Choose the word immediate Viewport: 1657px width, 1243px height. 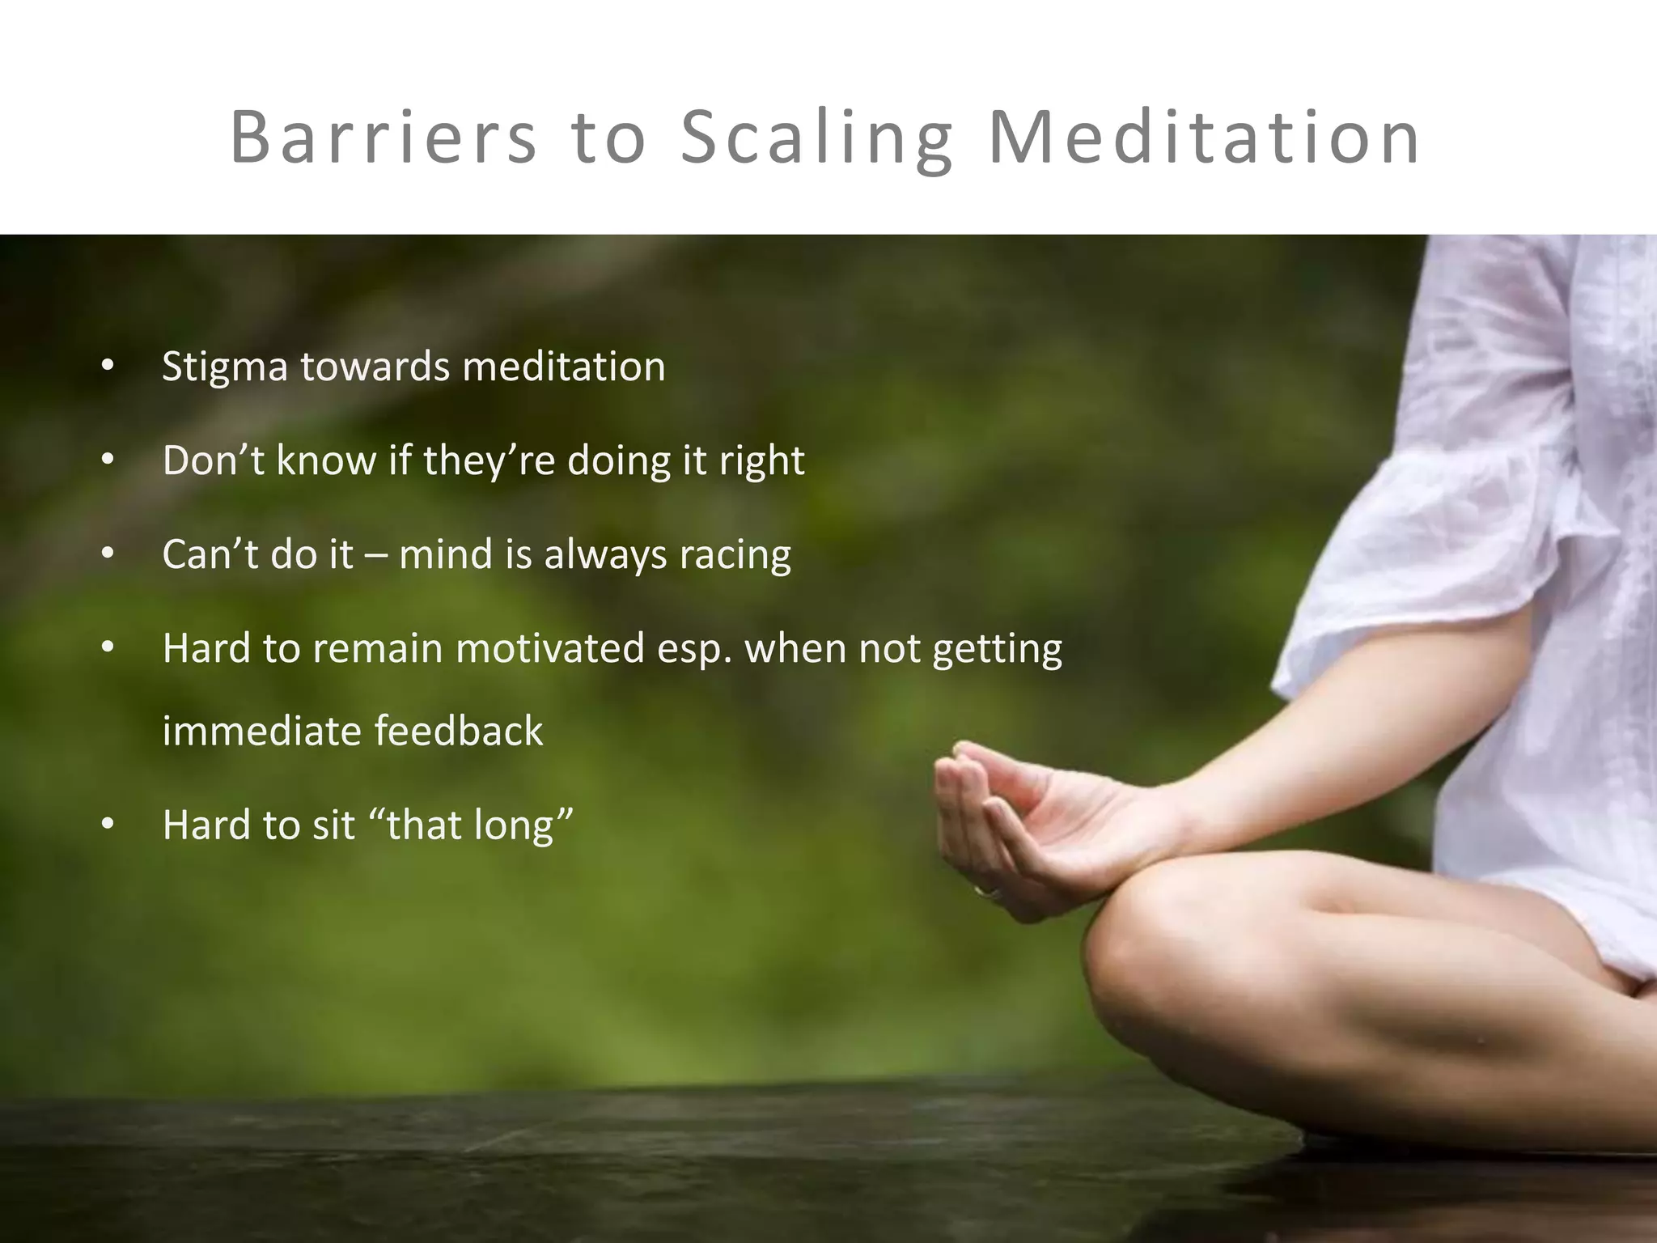pyautogui.click(x=261, y=731)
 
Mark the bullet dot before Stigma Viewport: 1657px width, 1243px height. pyautogui.click(x=108, y=367)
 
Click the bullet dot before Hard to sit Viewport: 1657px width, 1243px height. pyautogui.click(x=108, y=825)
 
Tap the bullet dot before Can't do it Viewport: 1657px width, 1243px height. pyautogui.click(x=108, y=554)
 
